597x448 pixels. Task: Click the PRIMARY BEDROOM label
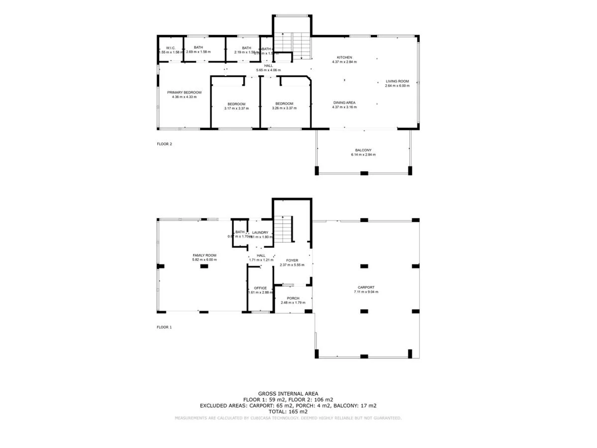point(184,93)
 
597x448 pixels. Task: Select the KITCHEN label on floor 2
point(344,57)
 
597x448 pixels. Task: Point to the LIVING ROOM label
point(397,81)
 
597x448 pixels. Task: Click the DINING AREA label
point(344,103)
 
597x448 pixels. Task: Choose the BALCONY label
point(363,150)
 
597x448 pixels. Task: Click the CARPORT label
point(365,287)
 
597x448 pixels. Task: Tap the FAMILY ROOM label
point(204,255)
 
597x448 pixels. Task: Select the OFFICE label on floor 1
point(260,288)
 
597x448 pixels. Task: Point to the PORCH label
point(293,298)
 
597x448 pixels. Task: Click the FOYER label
point(292,260)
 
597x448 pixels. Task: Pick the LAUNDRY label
point(260,232)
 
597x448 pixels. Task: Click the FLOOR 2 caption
point(164,144)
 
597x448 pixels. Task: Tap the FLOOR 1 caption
point(164,327)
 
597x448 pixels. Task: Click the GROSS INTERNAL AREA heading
point(288,394)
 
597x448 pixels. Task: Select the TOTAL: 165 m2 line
point(288,412)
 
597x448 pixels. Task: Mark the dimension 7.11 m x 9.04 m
point(365,292)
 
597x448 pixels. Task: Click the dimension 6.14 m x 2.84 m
point(363,155)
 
